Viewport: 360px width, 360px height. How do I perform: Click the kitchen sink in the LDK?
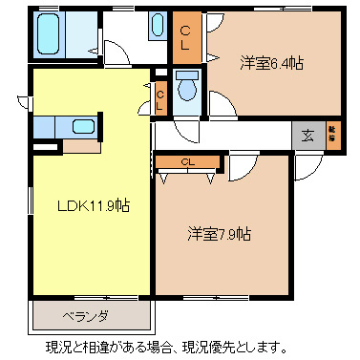[x=83, y=127]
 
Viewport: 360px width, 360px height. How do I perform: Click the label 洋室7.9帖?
[x=220, y=233]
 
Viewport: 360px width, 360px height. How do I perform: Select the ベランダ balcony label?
[x=86, y=316]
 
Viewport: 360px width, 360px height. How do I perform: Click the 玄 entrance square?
[x=308, y=134]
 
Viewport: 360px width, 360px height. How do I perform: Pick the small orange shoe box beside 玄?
[x=333, y=134]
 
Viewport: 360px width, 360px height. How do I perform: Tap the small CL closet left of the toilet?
[x=161, y=94]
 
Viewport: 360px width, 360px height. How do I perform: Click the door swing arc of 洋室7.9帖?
[x=241, y=167]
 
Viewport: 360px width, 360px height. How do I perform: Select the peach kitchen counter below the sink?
[x=81, y=146]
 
